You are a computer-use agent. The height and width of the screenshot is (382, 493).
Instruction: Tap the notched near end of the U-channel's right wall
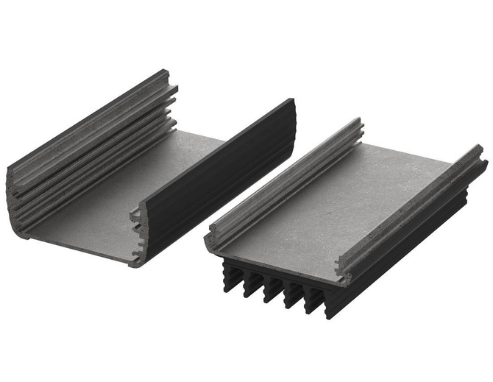[x=138, y=236]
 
